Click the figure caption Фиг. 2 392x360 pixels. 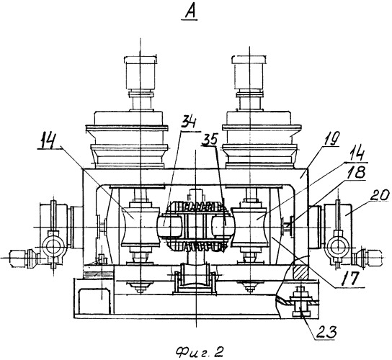click(199, 352)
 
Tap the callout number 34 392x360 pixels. click(190, 122)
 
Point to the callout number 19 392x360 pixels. click(331, 139)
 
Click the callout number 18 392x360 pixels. click(356, 172)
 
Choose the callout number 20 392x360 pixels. click(380, 195)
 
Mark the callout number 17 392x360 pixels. click(350, 278)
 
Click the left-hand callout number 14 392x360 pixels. click(50, 142)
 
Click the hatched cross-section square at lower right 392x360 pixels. click(300, 272)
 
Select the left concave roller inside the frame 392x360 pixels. click(141, 227)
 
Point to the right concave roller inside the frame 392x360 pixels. click(250, 227)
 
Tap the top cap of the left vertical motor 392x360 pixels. click(141, 60)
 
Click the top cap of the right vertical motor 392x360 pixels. click(249, 59)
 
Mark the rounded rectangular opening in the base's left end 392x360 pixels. click(94, 301)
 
